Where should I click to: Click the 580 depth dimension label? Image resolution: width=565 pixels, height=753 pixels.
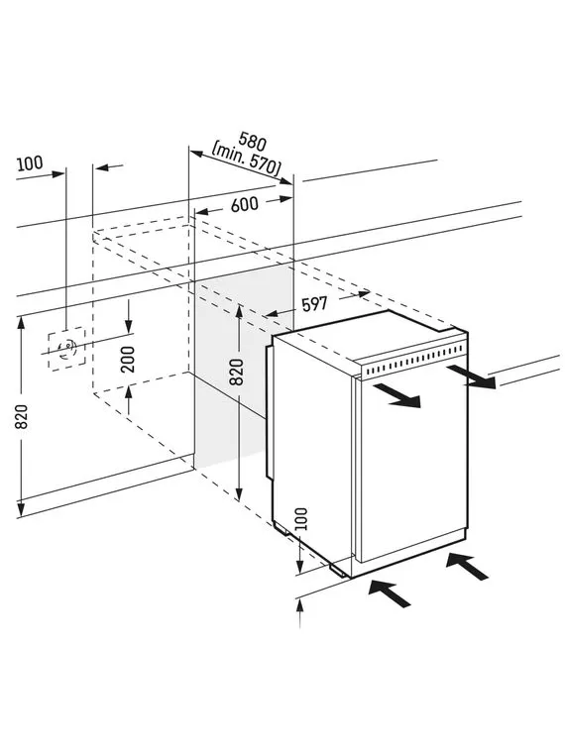(x=252, y=141)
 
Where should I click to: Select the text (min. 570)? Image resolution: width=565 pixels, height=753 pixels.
(x=247, y=159)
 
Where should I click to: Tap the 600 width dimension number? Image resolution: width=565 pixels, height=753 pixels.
(x=245, y=205)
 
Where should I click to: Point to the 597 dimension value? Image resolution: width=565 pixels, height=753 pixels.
(x=314, y=303)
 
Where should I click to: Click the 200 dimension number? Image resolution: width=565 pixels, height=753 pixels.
(x=128, y=360)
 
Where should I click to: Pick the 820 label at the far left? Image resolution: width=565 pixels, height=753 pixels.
(x=22, y=417)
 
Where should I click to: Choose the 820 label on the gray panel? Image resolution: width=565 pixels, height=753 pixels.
(x=236, y=372)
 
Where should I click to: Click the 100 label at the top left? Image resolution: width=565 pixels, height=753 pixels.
(x=30, y=163)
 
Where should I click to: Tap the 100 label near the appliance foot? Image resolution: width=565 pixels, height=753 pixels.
(x=300, y=518)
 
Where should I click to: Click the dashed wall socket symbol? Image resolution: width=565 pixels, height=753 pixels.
(x=66, y=349)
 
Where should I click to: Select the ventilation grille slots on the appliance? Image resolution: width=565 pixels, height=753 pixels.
(x=413, y=361)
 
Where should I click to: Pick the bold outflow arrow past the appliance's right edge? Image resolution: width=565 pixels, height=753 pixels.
(x=471, y=376)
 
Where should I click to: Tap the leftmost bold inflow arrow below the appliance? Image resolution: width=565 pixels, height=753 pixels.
(x=390, y=593)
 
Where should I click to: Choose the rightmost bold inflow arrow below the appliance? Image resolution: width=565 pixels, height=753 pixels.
(x=467, y=566)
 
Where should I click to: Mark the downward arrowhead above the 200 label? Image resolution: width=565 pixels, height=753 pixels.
(x=128, y=326)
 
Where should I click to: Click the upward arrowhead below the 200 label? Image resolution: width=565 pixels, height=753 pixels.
(x=128, y=393)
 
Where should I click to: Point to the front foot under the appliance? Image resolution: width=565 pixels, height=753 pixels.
(x=338, y=570)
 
